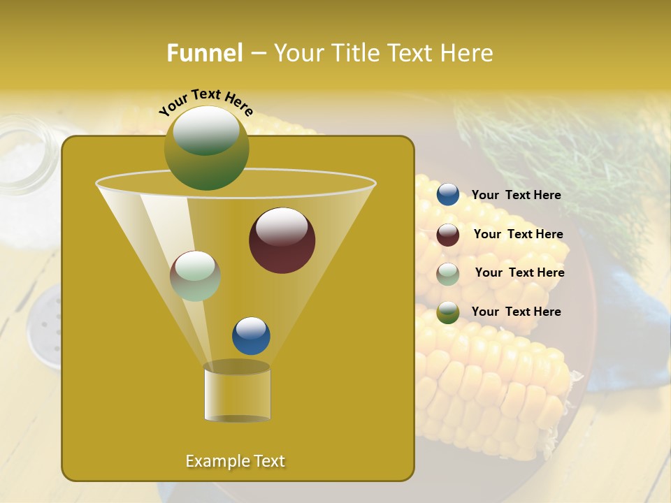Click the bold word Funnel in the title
tap(205, 53)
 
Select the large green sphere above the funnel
tap(206, 148)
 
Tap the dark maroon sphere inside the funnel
tap(282, 240)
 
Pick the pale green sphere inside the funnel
tap(195, 276)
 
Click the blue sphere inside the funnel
tap(251, 335)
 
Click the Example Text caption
tap(235, 461)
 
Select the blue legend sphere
tap(447, 195)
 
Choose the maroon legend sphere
tap(447, 235)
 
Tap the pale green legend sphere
tap(447, 274)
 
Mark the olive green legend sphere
tap(447, 312)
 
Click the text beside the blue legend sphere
tap(516, 196)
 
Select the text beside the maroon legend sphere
tap(518, 235)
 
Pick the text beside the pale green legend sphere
tap(519, 273)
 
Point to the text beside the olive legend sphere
tap(516, 312)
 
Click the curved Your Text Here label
tap(205, 101)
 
